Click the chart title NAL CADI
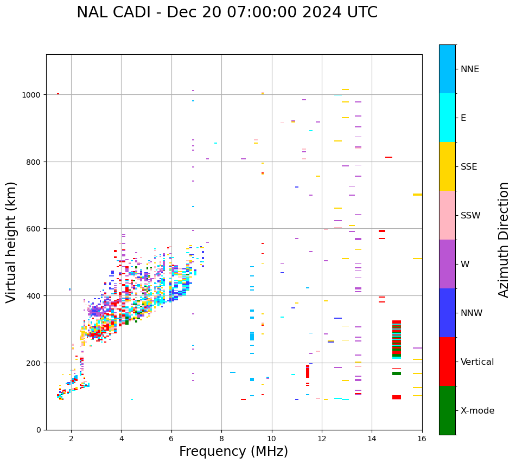coord(227,12)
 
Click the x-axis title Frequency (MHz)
coord(233,452)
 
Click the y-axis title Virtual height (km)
coord(11,242)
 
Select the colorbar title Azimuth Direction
coord(504,240)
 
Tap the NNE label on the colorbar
coord(470,69)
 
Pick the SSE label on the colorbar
coord(469,166)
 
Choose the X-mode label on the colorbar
coord(477,410)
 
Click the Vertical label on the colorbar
coord(477,362)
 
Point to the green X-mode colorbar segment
coord(447,410)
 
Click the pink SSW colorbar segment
coord(447,215)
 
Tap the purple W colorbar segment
coord(447,264)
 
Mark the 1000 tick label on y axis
coord(32,94)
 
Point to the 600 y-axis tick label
coord(34,229)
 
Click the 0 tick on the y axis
coord(39,430)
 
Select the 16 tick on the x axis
coord(422,439)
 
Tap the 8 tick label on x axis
coord(221,439)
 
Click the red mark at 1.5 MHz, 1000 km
coord(58,94)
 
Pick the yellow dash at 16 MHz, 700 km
coord(417,195)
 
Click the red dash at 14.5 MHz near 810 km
coord(388,157)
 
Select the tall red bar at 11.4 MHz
coord(308,371)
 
